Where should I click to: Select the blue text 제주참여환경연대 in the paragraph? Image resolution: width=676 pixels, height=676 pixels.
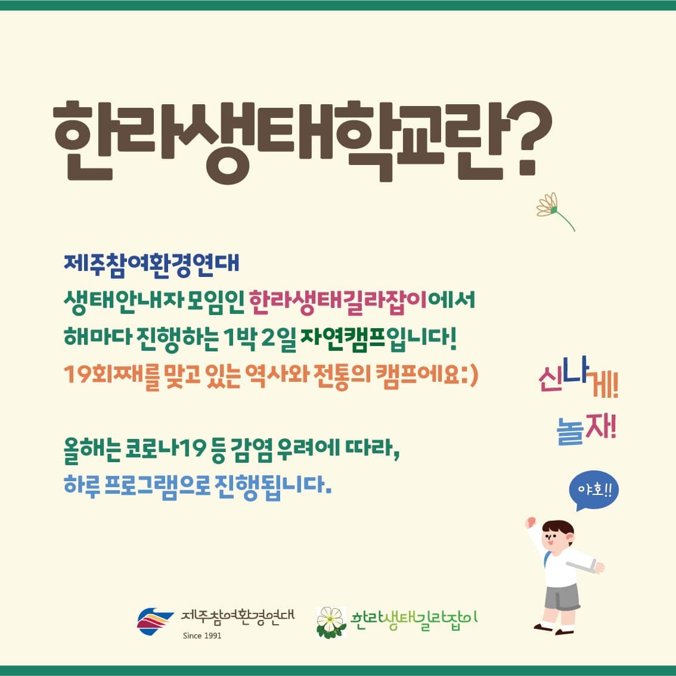point(151,263)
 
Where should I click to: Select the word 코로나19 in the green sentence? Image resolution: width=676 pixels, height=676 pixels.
point(165,449)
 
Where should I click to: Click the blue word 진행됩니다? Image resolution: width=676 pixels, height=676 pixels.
point(273,486)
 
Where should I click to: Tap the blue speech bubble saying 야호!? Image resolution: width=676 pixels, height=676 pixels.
point(594,490)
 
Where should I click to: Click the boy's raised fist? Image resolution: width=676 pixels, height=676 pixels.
point(530,522)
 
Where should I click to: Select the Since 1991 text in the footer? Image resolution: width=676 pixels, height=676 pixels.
point(202,635)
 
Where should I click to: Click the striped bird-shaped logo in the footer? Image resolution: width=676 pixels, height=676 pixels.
point(154,621)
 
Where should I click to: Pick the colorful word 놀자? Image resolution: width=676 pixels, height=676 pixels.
point(587,429)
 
